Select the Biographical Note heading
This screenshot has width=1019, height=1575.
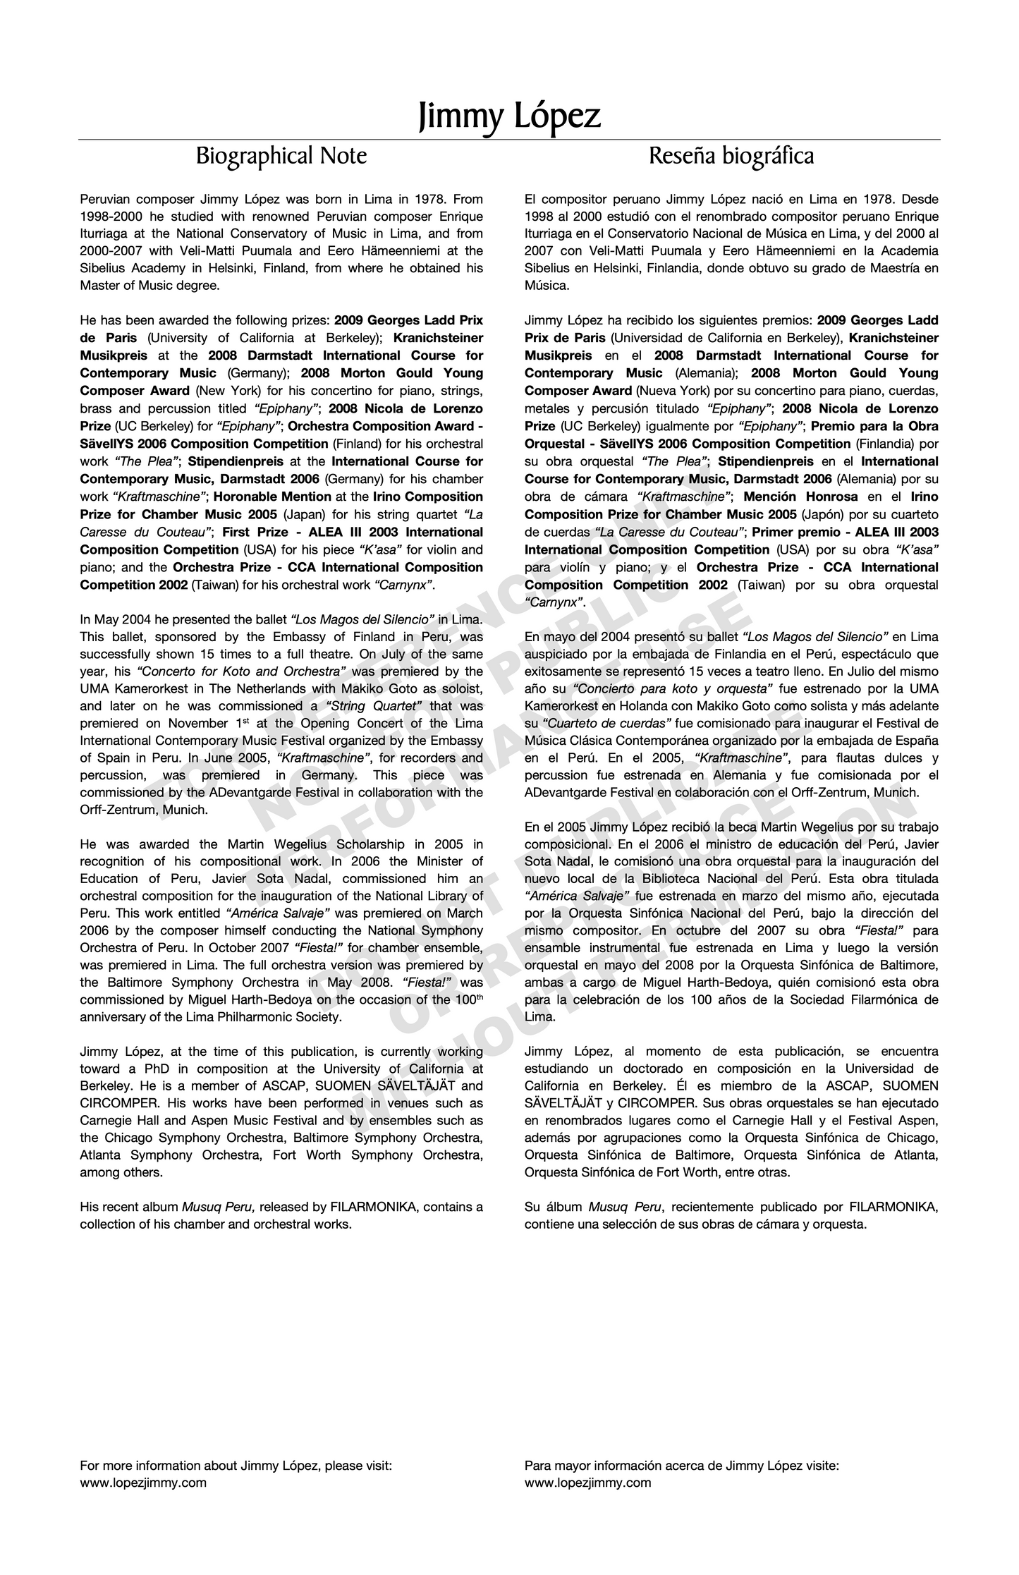(281, 156)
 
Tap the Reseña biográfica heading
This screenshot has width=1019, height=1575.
(731, 156)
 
